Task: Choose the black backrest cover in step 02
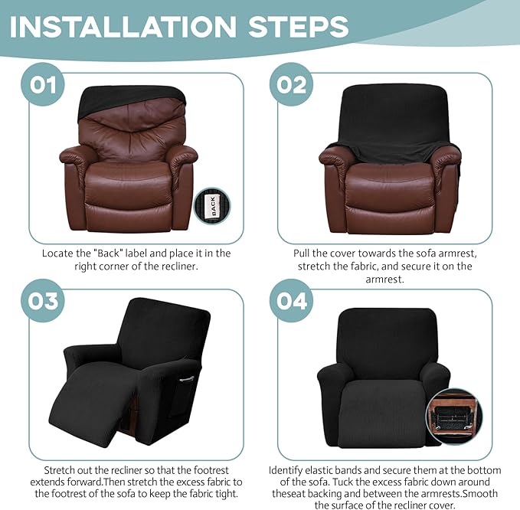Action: click(x=391, y=115)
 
